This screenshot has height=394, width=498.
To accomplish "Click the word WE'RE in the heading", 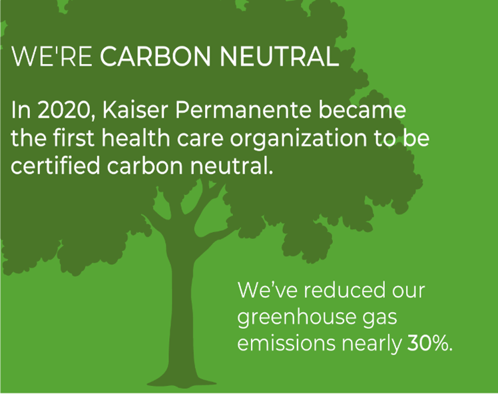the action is tap(52, 57).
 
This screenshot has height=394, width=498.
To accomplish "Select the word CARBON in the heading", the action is tap(155, 57).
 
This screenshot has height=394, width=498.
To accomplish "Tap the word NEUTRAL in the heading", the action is tap(280, 57).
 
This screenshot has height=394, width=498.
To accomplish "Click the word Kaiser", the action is tap(134, 110).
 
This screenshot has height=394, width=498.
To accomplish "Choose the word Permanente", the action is tap(243, 110).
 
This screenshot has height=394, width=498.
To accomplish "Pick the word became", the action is tap(362, 110).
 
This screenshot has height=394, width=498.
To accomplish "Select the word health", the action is tap(136, 138).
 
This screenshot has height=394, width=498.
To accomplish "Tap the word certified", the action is tap(55, 166).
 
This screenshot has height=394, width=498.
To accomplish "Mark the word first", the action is tap(73, 138).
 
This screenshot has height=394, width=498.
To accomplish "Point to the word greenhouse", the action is tap(297, 318).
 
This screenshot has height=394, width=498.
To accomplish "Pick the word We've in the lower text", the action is tap(268, 290).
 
